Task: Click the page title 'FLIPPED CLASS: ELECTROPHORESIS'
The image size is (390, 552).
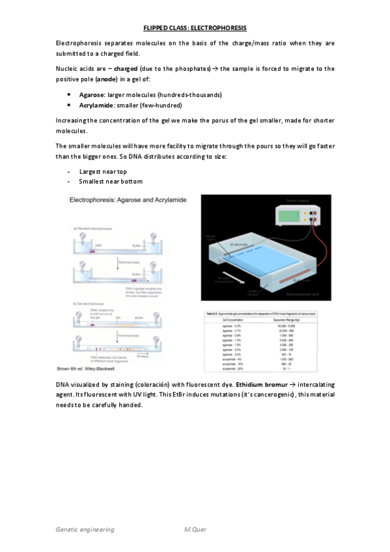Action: point(195,28)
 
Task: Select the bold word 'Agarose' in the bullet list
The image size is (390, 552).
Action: point(92,94)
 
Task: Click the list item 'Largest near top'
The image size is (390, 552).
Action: point(103,171)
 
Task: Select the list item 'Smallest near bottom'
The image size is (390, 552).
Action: point(111,181)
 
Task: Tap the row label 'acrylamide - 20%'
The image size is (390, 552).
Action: point(230,368)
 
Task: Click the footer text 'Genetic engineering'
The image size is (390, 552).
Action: point(85,529)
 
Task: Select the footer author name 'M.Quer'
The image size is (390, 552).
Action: point(195,529)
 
